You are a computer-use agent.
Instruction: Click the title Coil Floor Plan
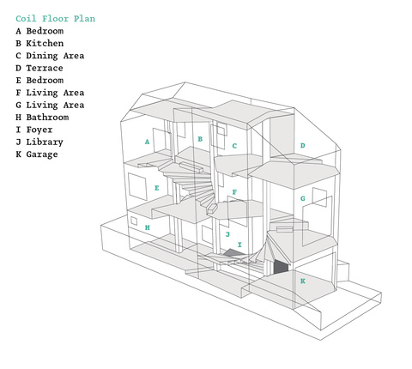tap(56, 19)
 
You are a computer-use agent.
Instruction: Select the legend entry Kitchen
tap(39, 44)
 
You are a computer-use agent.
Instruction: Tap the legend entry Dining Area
tap(50, 56)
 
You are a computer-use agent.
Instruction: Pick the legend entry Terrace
tap(39, 68)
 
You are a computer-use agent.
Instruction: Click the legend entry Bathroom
tap(42, 118)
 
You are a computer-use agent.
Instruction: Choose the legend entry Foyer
tap(34, 130)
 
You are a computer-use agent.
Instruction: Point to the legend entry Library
tap(39, 142)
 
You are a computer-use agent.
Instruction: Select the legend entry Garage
tap(37, 154)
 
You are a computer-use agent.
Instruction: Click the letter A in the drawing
tap(147, 142)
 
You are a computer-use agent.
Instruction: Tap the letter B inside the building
tap(200, 139)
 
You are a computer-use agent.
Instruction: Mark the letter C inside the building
tap(234, 146)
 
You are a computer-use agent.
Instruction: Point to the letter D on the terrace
tap(303, 146)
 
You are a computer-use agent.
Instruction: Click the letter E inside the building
tap(157, 188)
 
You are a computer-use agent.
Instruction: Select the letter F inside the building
tap(234, 192)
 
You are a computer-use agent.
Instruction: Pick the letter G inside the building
tap(303, 198)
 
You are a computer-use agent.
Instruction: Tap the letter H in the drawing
tap(147, 227)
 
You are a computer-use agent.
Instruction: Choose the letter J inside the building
tap(227, 234)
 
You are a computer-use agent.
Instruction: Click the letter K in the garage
tap(303, 281)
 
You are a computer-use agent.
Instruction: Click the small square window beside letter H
tap(134, 221)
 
